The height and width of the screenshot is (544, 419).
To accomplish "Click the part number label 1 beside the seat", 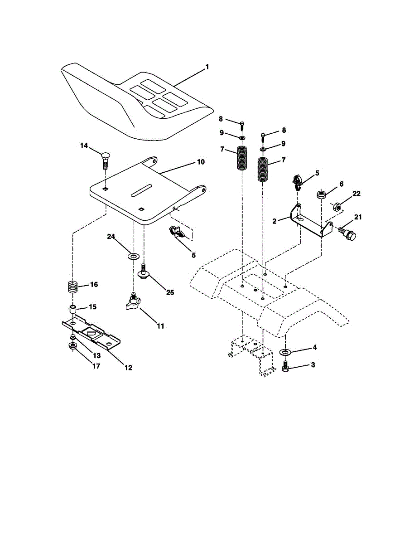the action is (x=207, y=67).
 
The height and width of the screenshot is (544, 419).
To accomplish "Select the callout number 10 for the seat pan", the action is (x=201, y=162).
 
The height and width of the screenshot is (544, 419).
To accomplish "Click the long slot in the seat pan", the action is (x=142, y=190).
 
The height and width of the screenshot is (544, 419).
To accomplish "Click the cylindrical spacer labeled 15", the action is (x=72, y=309).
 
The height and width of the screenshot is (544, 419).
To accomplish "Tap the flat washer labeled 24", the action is (x=133, y=256).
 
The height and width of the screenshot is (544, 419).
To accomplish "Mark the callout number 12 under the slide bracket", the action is (x=128, y=368).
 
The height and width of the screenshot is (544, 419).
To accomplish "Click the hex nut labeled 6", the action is (x=321, y=194).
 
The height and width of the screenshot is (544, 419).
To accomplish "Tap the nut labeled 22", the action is (x=337, y=207).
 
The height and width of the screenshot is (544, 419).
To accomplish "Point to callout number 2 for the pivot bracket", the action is (x=275, y=221).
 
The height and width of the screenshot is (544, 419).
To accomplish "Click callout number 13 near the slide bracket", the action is (x=96, y=355).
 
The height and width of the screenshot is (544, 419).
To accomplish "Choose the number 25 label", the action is (x=170, y=292).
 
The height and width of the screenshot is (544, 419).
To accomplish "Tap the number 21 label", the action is (x=358, y=217).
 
